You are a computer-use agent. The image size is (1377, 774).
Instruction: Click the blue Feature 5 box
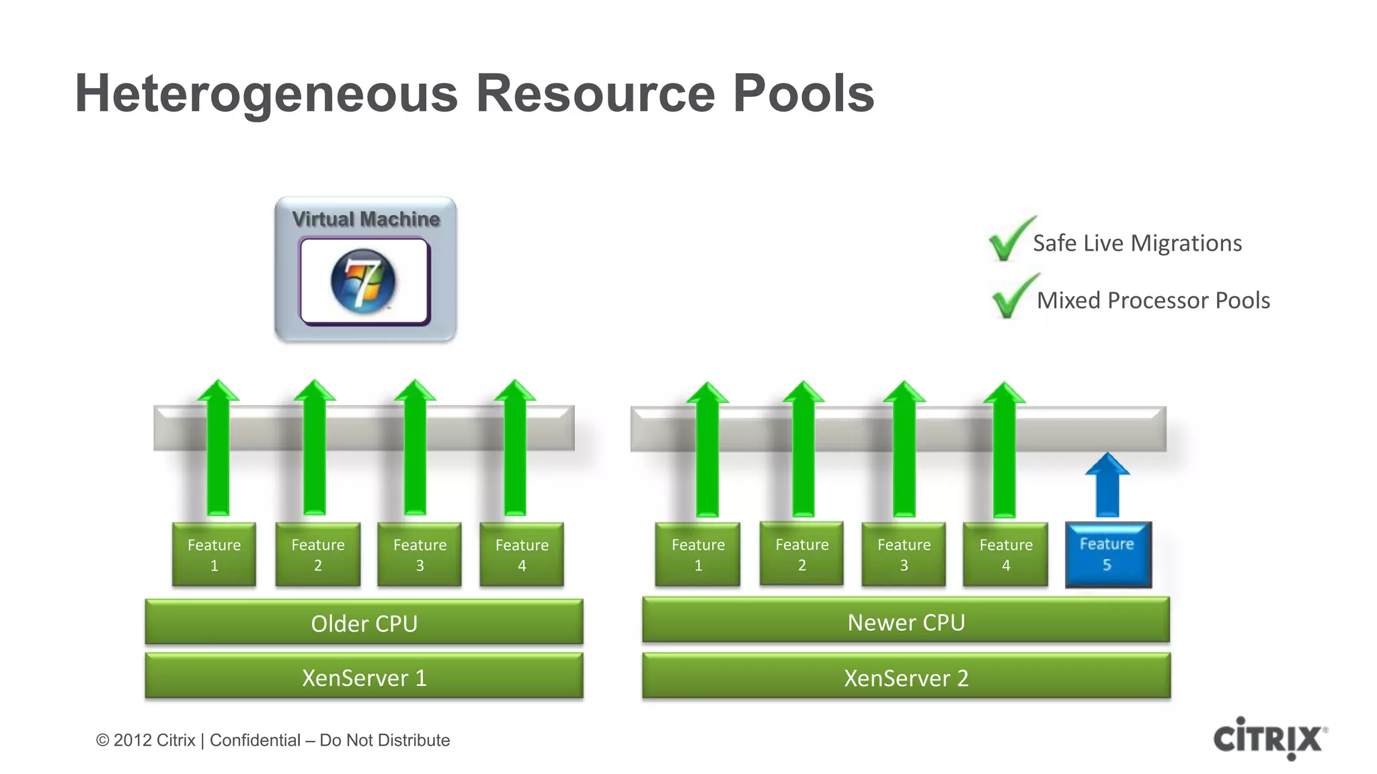(1108, 554)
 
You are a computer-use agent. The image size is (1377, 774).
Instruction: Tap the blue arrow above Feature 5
(1107, 485)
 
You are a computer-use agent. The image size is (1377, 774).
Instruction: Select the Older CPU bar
(364, 623)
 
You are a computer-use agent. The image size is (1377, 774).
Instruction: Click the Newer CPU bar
(906, 621)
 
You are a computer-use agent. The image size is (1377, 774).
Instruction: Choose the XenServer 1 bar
(364, 677)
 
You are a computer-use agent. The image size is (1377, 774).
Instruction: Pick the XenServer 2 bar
(906, 677)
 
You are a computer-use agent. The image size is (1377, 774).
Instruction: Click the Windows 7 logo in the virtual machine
(364, 282)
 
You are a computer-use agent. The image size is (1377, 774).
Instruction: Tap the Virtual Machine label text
(366, 219)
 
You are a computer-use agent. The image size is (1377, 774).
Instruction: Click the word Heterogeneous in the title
(266, 93)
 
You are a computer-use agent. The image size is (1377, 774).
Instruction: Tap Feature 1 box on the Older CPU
(214, 554)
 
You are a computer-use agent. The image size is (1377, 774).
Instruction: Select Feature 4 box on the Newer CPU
(1005, 554)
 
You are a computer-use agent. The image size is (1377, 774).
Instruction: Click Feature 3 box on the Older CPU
(420, 554)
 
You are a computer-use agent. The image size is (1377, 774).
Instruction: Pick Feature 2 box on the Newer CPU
(801, 554)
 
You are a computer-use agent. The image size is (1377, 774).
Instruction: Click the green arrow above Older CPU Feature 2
(315, 450)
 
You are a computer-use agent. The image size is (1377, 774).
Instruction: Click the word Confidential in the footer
(255, 740)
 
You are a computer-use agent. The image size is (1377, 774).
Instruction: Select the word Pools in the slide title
(803, 93)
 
